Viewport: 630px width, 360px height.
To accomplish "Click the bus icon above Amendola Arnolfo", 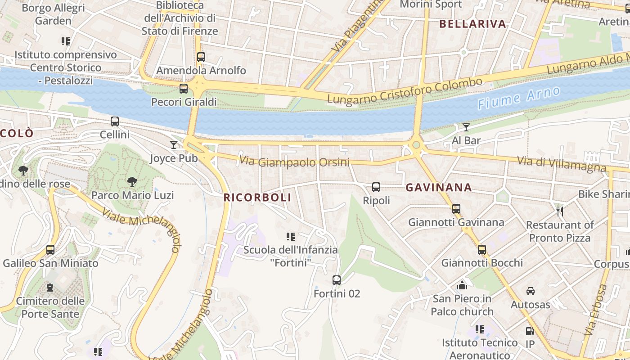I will pyautogui.click(x=201, y=57).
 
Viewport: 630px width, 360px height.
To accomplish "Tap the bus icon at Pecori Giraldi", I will pyautogui.click(x=184, y=88).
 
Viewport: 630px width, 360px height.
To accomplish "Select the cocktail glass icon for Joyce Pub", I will pyautogui.click(x=174, y=144).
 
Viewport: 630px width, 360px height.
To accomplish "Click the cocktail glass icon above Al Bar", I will pyautogui.click(x=466, y=127).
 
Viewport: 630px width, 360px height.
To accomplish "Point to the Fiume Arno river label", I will pyautogui.click(x=519, y=98).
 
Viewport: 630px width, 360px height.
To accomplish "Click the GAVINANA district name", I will pyautogui.click(x=439, y=188).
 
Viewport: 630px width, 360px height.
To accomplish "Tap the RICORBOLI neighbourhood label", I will pyautogui.click(x=257, y=197).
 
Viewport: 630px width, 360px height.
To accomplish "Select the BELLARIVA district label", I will pyautogui.click(x=472, y=24).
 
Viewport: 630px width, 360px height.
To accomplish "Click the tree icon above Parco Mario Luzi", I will pyautogui.click(x=132, y=181).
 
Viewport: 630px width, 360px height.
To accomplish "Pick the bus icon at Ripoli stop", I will pyautogui.click(x=376, y=187).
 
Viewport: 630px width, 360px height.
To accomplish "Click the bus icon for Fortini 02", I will pyautogui.click(x=337, y=280).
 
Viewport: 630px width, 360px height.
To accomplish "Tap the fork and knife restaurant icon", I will pyautogui.click(x=560, y=211).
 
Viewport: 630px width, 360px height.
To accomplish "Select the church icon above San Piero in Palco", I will pyautogui.click(x=462, y=285).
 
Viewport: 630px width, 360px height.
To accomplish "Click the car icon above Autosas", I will pyautogui.click(x=531, y=291).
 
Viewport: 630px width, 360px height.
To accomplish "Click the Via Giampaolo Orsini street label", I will pyautogui.click(x=294, y=162).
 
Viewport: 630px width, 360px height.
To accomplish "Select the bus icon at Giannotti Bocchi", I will pyautogui.click(x=482, y=249).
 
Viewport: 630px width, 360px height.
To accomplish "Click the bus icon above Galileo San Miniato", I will pyautogui.click(x=50, y=249).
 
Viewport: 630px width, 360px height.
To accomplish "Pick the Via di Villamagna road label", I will pyautogui.click(x=561, y=164).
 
